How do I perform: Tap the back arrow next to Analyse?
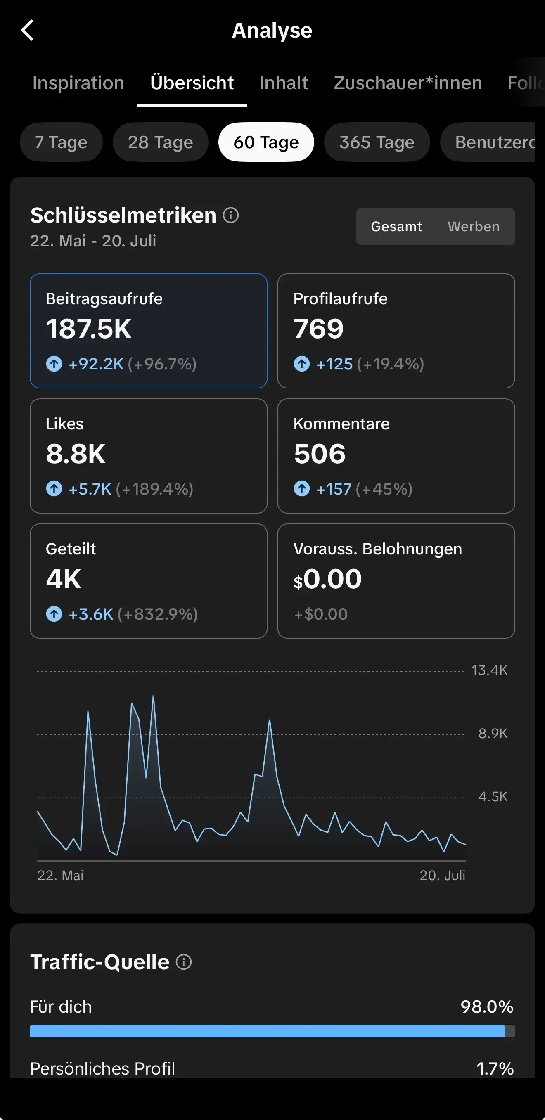pyautogui.click(x=27, y=31)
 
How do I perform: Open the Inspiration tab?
pyautogui.click(x=78, y=83)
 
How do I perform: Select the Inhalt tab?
pyautogui.click(x=284, y=83)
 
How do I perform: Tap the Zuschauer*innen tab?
pyautogui.click(x=408, y=83)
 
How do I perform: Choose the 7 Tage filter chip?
pyautogui.click(x=61, y=142)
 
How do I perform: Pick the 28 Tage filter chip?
pyautogui.click(x=160, y=142)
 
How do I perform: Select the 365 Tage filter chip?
pyautogui.click(x=377, y=142)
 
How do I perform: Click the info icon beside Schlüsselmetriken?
pyautogui.click(x=230, y=215)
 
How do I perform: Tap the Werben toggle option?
pyautogui.click(x=474, y=227)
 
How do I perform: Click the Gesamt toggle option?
pyautogui.click(x=396, y=227)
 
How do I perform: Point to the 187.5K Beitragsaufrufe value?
pyautogui.click(x=89, y=329)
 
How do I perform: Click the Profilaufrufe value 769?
pyautogui.click(x=318, y=329)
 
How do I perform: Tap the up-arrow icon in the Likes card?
pyautogui.click(x=54, y=489)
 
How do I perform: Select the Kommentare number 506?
pyautogui.click(x=320, y=454)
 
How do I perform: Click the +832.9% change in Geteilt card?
pyautogui.click(x=157, y=614)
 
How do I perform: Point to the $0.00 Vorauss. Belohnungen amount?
pyautogui.click(x=327, y=579)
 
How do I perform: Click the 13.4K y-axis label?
pyautogui.click(x=489, y=670)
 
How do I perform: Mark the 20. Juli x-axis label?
pyautogui.click(x=442, y=875)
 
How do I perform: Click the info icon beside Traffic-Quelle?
pyautogui.click(x=184, y=962)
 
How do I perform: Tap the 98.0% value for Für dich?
pyautogui.click(x=487, y=1006)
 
